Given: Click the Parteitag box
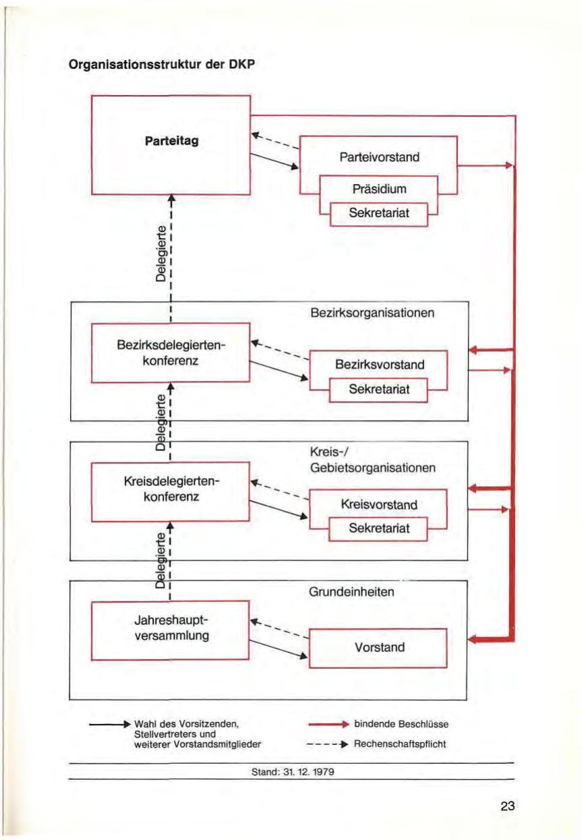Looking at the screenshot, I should (171, 145).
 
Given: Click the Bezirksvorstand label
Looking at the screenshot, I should (379, 365).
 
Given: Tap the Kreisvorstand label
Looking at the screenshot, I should (379, 504).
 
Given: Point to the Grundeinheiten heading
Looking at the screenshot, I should (351, 593).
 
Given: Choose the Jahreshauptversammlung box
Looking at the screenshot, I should (171, 629).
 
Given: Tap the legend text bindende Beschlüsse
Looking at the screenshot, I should (401, 725).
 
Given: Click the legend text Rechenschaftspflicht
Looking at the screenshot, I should (400, 745).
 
